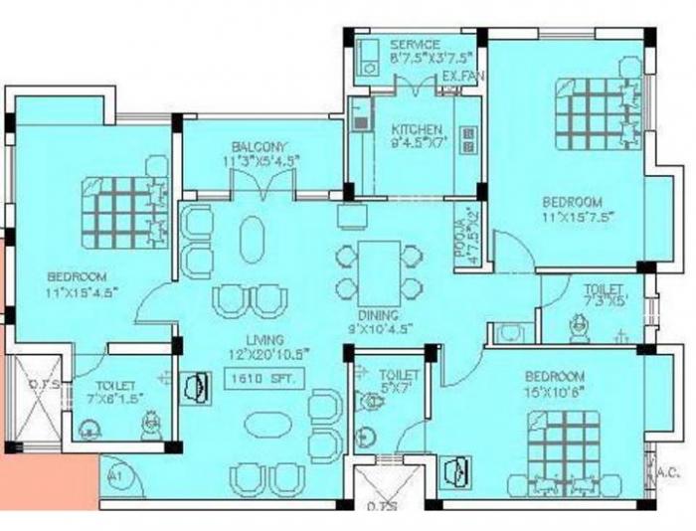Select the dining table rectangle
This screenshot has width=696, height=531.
coord(378,264)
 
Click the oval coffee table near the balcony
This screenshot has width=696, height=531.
coord(254,240)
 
